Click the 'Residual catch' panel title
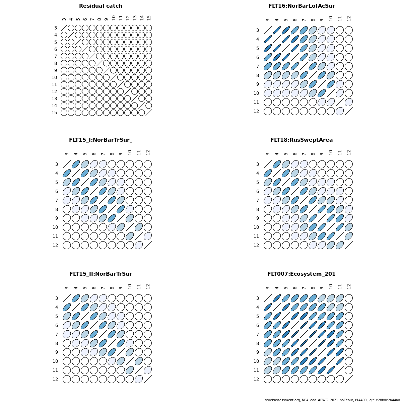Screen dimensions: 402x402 click(x=100, y=6)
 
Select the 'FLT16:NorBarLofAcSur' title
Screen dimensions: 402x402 click(x=301, y=6)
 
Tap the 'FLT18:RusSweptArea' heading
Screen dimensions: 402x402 click(x=301, y=140)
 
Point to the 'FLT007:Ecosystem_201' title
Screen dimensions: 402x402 click(x=301, y=274)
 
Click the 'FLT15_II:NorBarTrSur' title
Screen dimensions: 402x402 click(x=100, y=274)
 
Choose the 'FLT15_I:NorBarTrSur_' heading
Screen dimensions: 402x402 click(x=100, y=140)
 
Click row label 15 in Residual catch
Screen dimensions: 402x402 click(x=54, y=113)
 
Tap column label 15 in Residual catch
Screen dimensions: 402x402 click(x=149, y=18)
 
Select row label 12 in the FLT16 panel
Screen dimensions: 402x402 click(x=256, y=111)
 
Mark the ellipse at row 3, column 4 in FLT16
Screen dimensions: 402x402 click(x=277, y=30)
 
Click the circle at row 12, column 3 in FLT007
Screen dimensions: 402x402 click(x=268, y=379)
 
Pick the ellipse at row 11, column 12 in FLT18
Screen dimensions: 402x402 click(x=349, y=236)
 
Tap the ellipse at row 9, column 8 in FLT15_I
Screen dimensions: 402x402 click(x=112, y=218)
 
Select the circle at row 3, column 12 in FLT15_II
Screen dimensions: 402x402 click(x=148, y=298)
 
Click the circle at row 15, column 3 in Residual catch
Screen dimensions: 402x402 click(x=64, y=113)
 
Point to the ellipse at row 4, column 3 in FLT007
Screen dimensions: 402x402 click(x=268, y=307)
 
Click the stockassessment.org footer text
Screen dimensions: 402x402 click(x=332, y=400)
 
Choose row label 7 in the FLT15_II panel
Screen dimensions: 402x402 click(x=56, y=334)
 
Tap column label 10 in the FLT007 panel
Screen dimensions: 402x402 click(x=331, y=286)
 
